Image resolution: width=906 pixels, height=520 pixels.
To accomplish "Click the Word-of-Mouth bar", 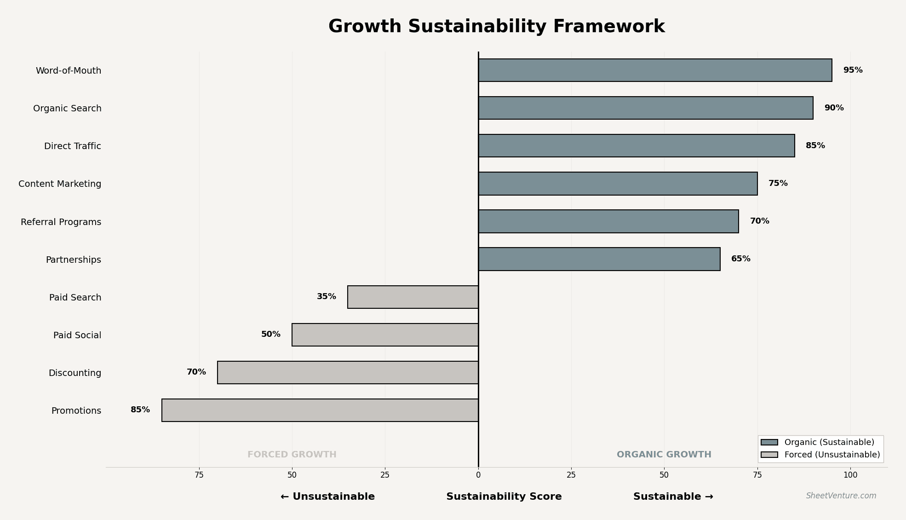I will point(655,70).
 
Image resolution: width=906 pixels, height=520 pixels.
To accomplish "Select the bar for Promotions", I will point(320,410).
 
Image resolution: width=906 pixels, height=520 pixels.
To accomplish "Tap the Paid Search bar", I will point(413,297).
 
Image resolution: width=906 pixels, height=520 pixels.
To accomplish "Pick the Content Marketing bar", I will point(618,184).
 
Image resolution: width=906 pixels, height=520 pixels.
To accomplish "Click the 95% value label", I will point(853,70).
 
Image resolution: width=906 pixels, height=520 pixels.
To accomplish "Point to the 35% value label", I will point(327,297).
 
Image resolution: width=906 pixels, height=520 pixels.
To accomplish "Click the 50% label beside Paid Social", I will point(271,335).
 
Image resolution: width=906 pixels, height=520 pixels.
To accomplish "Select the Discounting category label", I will point(75,373).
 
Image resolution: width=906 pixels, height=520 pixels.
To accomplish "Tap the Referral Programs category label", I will point(61,222).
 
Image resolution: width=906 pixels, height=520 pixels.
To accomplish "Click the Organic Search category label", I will point(67,109).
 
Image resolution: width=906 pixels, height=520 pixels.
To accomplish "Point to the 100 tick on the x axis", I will point(850,475).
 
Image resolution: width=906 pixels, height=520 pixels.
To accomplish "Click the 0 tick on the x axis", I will point(478,475).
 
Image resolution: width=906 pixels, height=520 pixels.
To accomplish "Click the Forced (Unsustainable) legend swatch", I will point(769,455).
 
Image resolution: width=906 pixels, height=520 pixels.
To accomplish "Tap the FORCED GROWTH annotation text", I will point(292,455).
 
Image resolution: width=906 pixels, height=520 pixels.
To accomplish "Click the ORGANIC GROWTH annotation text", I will point(664,455).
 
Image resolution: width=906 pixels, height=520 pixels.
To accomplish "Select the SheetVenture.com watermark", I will point(841,496).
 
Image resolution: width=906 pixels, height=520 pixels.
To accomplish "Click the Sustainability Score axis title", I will point(504,497).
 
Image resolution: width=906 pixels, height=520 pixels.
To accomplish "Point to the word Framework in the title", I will point(609,27).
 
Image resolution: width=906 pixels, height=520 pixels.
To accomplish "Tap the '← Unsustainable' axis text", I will point(327,497).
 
